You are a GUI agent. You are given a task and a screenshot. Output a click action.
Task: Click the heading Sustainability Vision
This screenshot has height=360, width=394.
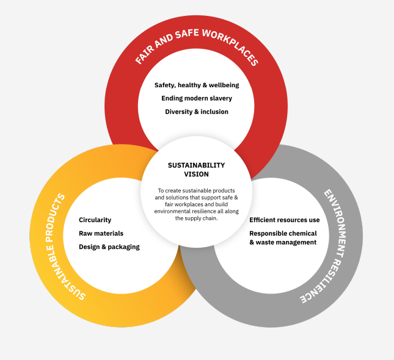click(x=196, y=169)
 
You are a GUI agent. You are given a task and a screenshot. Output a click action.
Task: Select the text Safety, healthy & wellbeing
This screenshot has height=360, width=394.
click(x=196, y=85)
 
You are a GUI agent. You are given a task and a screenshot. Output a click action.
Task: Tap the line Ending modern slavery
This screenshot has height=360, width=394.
click(x=197, y=98)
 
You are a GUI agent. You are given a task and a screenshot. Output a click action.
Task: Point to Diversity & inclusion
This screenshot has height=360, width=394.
click(x=197, y=112)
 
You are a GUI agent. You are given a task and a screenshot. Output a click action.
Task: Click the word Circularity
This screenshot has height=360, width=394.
click(x=95, y=220)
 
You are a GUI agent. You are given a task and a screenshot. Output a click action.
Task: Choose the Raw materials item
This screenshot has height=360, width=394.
click(x=101, y=233)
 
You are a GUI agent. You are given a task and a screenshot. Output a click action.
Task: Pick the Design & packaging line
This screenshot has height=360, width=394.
click(x=109, y=247)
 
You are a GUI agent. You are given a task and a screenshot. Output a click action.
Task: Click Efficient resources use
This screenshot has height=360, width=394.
click(x=284, y=220)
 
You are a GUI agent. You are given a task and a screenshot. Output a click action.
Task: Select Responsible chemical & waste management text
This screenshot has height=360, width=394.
click(x=283, y=238)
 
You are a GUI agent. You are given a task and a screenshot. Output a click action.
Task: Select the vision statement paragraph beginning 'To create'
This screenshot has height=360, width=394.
click(x=196, y=204)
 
